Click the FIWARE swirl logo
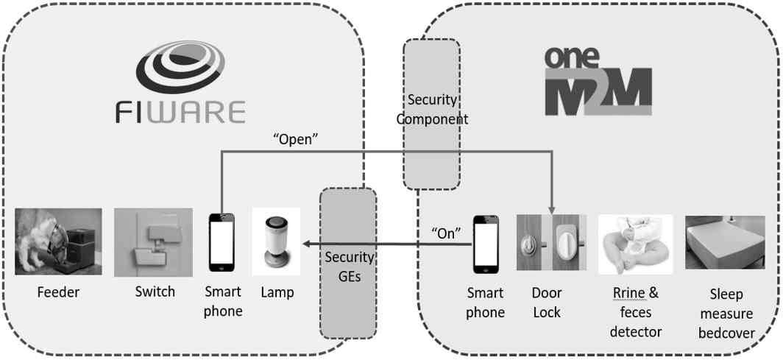pos(180,67)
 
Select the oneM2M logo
pos(598,82)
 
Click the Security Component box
pos(431,114)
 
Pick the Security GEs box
pos(348,263)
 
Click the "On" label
pos(445,233)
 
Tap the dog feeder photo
pos(58,241)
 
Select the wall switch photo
pos(153,242)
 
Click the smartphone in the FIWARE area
pos(222,242)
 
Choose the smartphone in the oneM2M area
pos(486,244)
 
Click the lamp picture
pos(276,241)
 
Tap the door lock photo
pos(551,242)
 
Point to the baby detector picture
pos(635,244)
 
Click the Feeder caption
pos(58,292)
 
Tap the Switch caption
pos(155,292)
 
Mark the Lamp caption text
pos(277,293)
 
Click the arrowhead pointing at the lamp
pos(305,244)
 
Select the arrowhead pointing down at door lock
pos(552,211)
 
